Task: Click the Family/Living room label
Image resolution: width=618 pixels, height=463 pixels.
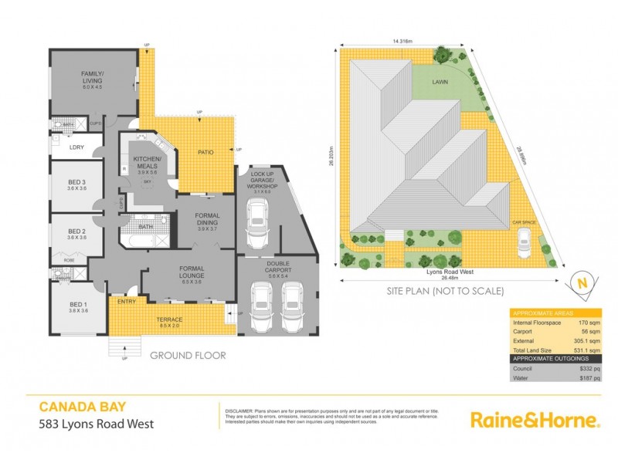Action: [98, 76]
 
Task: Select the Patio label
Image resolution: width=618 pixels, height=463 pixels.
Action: [204, 151]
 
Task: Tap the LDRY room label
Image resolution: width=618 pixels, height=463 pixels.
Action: [76, 147]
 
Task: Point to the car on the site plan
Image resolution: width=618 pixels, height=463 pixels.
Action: [523, 245]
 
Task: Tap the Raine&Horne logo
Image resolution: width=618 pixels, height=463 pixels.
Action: [535, 420]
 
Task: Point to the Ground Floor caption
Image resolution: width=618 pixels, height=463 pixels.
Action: [188, 356]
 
